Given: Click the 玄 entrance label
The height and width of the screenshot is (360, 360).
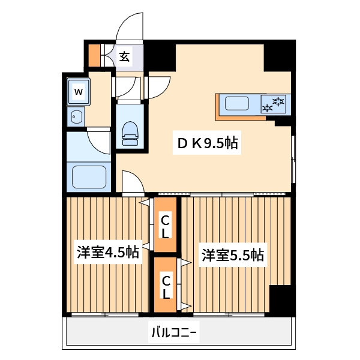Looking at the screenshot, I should [x=124, y=57].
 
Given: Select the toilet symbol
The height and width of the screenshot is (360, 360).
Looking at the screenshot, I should [x=130, y=133].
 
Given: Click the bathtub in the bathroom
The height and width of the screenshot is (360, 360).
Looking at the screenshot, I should [x=89, y=177].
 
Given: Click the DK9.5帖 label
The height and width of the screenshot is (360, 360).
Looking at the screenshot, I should [x=207, y=144].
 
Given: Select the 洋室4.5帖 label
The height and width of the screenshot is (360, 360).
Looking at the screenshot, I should [x=108, y=252].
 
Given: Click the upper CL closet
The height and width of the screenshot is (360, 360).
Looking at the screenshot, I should [x=166, y=226].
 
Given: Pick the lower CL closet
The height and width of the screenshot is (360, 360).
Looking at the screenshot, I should [x=166, y=287].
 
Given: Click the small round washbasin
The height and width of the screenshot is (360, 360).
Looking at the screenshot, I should [x=76, y=116].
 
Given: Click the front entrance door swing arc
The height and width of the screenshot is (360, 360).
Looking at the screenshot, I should [x=130, y=27].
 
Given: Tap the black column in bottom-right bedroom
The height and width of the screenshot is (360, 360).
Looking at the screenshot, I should [x=281, y=298].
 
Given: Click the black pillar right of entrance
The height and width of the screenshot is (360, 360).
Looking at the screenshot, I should [x=160, y=56].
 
